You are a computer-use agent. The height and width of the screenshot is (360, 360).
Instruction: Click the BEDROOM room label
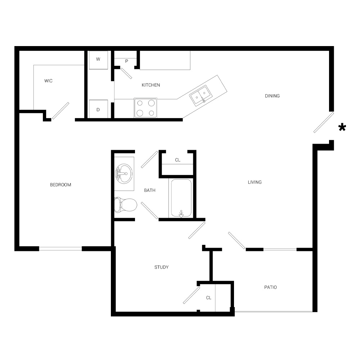60,185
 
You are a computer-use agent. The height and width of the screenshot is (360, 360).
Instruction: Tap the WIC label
49,81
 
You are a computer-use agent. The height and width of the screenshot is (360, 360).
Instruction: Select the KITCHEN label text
151,85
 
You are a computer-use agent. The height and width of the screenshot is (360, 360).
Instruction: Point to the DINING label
272,96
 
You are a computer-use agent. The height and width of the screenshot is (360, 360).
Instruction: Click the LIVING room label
255,182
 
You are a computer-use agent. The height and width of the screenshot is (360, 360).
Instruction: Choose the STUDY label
161,267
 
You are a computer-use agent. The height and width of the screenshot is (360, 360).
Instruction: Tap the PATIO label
270,287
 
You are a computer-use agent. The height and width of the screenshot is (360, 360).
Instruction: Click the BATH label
150,190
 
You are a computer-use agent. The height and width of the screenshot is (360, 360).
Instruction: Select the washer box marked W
98,60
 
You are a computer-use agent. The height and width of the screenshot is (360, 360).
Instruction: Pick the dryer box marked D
98,109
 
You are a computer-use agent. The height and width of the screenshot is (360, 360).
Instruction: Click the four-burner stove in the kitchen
145,108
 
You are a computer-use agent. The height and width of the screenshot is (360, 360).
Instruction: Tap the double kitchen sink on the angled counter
201,95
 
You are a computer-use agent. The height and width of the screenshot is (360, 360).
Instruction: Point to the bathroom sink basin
124,174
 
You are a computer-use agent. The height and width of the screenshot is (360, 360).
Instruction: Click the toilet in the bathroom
126,205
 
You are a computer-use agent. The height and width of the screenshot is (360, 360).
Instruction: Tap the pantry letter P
126,61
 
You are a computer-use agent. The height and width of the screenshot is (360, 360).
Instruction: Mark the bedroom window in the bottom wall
60,249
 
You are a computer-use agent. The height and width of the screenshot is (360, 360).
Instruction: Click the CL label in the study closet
208,298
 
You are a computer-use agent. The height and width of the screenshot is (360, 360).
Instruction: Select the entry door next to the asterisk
324,122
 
